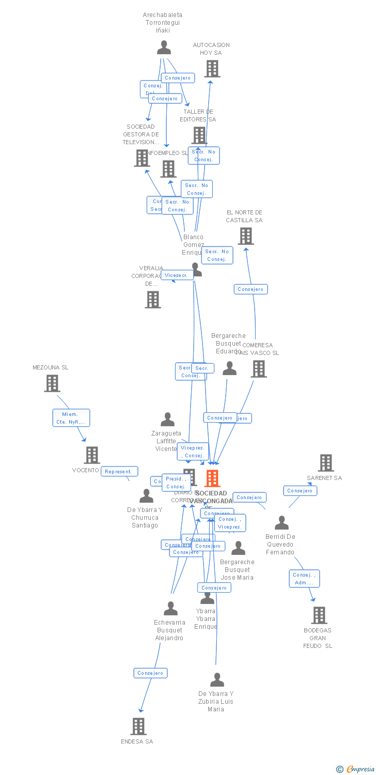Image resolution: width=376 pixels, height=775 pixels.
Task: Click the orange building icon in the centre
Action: pyautogui.click(x=212, y=478)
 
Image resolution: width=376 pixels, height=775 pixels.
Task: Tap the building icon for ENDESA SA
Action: pyautogui.click(x=138, y=726)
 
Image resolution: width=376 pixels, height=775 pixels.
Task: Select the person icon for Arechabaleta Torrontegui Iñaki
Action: pyautogui.click(x=164, y=48)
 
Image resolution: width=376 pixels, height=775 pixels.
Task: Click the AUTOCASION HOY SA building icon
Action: pyautogui.click(x=212, y=68)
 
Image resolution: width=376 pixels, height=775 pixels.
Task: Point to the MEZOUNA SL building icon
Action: pyautogui.click(x=52, y=383)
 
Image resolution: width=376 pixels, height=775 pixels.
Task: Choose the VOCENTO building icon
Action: pyautogui.click(x=92, y=455)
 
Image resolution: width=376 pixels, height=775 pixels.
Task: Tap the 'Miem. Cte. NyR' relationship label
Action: pyautogui.click(x=71, y=418)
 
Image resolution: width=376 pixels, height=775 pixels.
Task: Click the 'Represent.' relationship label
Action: pyautogui.click(x=119, y=471)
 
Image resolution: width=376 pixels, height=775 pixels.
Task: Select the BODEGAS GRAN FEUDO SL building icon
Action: pyautogui.click(x=319, y=615)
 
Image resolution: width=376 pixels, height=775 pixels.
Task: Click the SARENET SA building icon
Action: pyautogui.click(x=325, y=463)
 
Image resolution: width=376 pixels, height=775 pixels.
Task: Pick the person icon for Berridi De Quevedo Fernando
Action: pyautogui.click(x=281, y=523)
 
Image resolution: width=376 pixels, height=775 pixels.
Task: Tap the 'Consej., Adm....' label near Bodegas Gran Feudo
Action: pyautogui.click(x=304, y=579)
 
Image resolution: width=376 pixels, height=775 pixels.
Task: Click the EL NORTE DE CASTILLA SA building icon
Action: pyautogui.click(x=245, y=236)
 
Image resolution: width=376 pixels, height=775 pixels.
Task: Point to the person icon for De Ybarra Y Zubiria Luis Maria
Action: pyautogui.click(x=217, y=680)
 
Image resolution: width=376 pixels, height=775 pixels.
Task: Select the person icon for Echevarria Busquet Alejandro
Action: pyautogui.click(x=170, y=609)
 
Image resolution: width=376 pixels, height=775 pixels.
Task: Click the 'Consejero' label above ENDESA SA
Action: pyautogui.click(x=150, y=673)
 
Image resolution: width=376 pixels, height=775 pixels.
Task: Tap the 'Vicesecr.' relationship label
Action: pyautogui.click(x=177, y=275)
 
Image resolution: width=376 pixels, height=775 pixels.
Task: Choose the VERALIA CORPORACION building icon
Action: pyautogui.click(x=152, y=299)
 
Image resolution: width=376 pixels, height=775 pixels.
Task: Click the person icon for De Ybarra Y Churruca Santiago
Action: pyautogui.click(x=146, y=496)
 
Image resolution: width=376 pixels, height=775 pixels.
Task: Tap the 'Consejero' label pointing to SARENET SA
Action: pyautogui.click(x=300, y=490)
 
